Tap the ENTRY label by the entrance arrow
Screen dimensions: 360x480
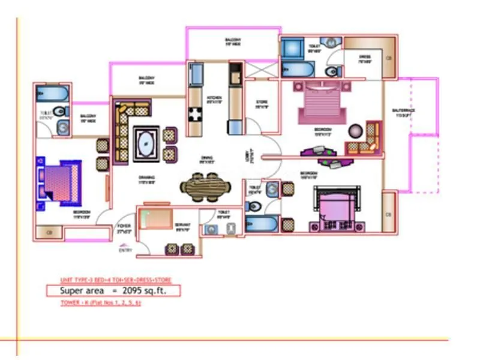125,251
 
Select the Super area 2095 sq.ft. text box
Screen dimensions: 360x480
113,291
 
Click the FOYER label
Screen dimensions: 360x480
124,227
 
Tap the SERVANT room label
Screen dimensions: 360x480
182,227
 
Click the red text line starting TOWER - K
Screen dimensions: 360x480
101,303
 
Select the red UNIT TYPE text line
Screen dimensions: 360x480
113,280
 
